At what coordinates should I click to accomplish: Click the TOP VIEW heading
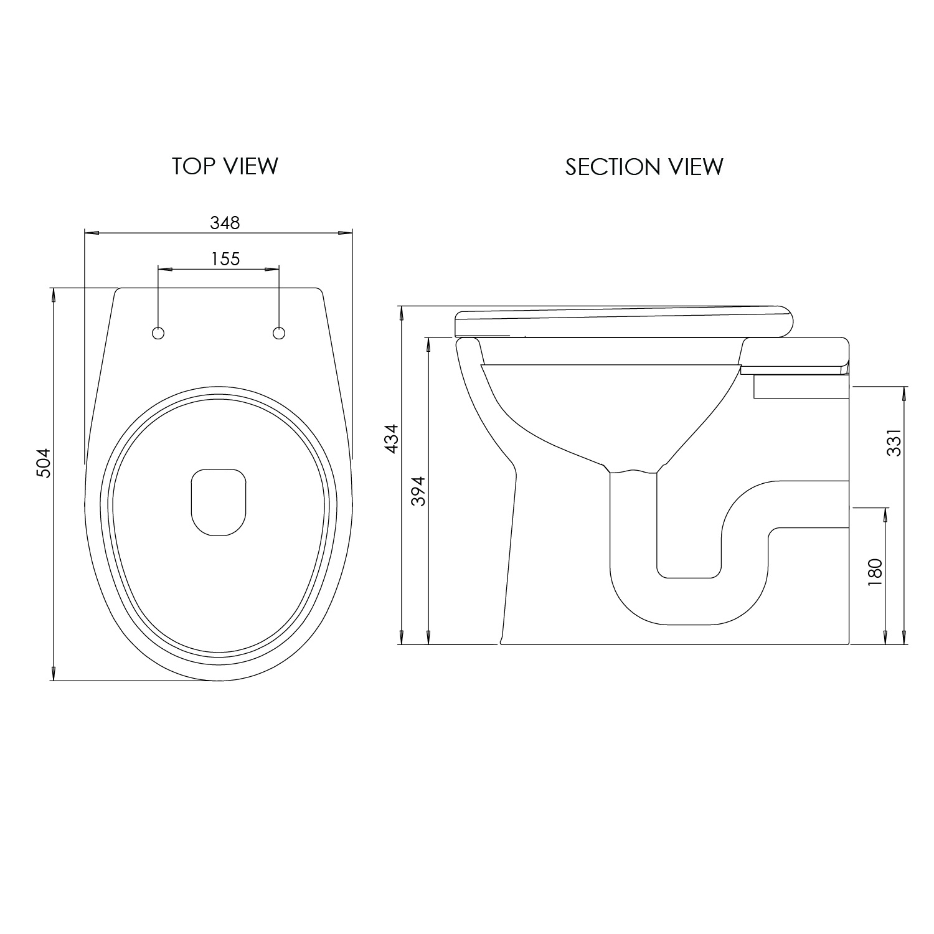tap(225, 166)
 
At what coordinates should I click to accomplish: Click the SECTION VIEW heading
tap(644, 167)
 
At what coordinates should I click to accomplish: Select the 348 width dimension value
tap(225, 222)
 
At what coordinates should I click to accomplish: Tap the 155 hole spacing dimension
tap(225, 258)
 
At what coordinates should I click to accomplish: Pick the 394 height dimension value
tap(418, 491)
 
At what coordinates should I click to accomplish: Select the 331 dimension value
tap(894, 443)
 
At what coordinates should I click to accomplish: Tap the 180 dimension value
tap(875, 572)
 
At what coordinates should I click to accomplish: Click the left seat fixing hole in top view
tap(158, 333)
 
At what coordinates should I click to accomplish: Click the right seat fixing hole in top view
tap(279, 333)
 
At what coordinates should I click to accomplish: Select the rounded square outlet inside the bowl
tap(218, 502)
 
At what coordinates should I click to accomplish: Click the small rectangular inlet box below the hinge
tap(801, 387)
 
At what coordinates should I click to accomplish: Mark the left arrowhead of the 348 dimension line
tap(91, 233)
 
